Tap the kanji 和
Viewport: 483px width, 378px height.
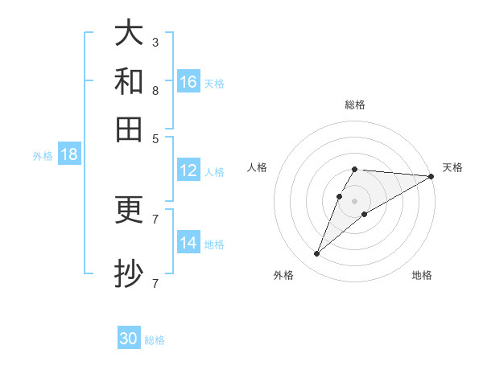coord(130,82)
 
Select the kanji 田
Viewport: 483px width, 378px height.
coord(130,129)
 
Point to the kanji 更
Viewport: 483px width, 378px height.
coord(130,211)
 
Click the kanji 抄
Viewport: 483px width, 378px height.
coord(130,273)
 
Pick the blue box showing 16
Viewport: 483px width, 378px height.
coord(188,82)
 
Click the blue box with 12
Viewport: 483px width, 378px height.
coord(188,171)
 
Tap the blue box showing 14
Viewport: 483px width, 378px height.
coord(188,243)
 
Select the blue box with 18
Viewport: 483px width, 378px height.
coord(68,154)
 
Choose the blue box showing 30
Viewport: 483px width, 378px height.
coord(129,339)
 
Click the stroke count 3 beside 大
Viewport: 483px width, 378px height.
coord(155,42)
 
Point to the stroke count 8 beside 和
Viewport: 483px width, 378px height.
coord(155,90)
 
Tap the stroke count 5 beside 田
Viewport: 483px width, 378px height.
coord(155,138)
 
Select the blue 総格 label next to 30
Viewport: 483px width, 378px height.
coord(155,340)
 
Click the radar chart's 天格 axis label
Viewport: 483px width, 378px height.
coord(452,167)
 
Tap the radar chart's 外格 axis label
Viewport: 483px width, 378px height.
coord(283,275)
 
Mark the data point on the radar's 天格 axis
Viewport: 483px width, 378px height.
coord(431,177)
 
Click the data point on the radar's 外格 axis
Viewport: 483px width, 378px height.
coord(316,254)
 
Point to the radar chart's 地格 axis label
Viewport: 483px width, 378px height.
coord(422,275)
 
